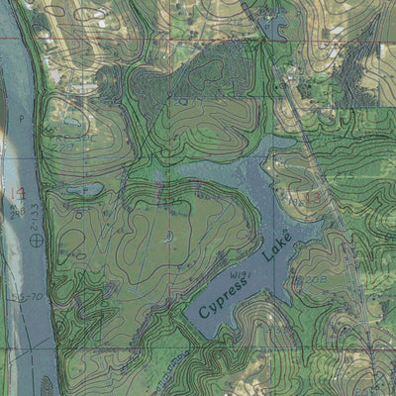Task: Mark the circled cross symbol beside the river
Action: click(38, 238)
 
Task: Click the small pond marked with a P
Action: click(84, 188)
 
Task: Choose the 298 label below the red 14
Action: click(16, 211)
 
